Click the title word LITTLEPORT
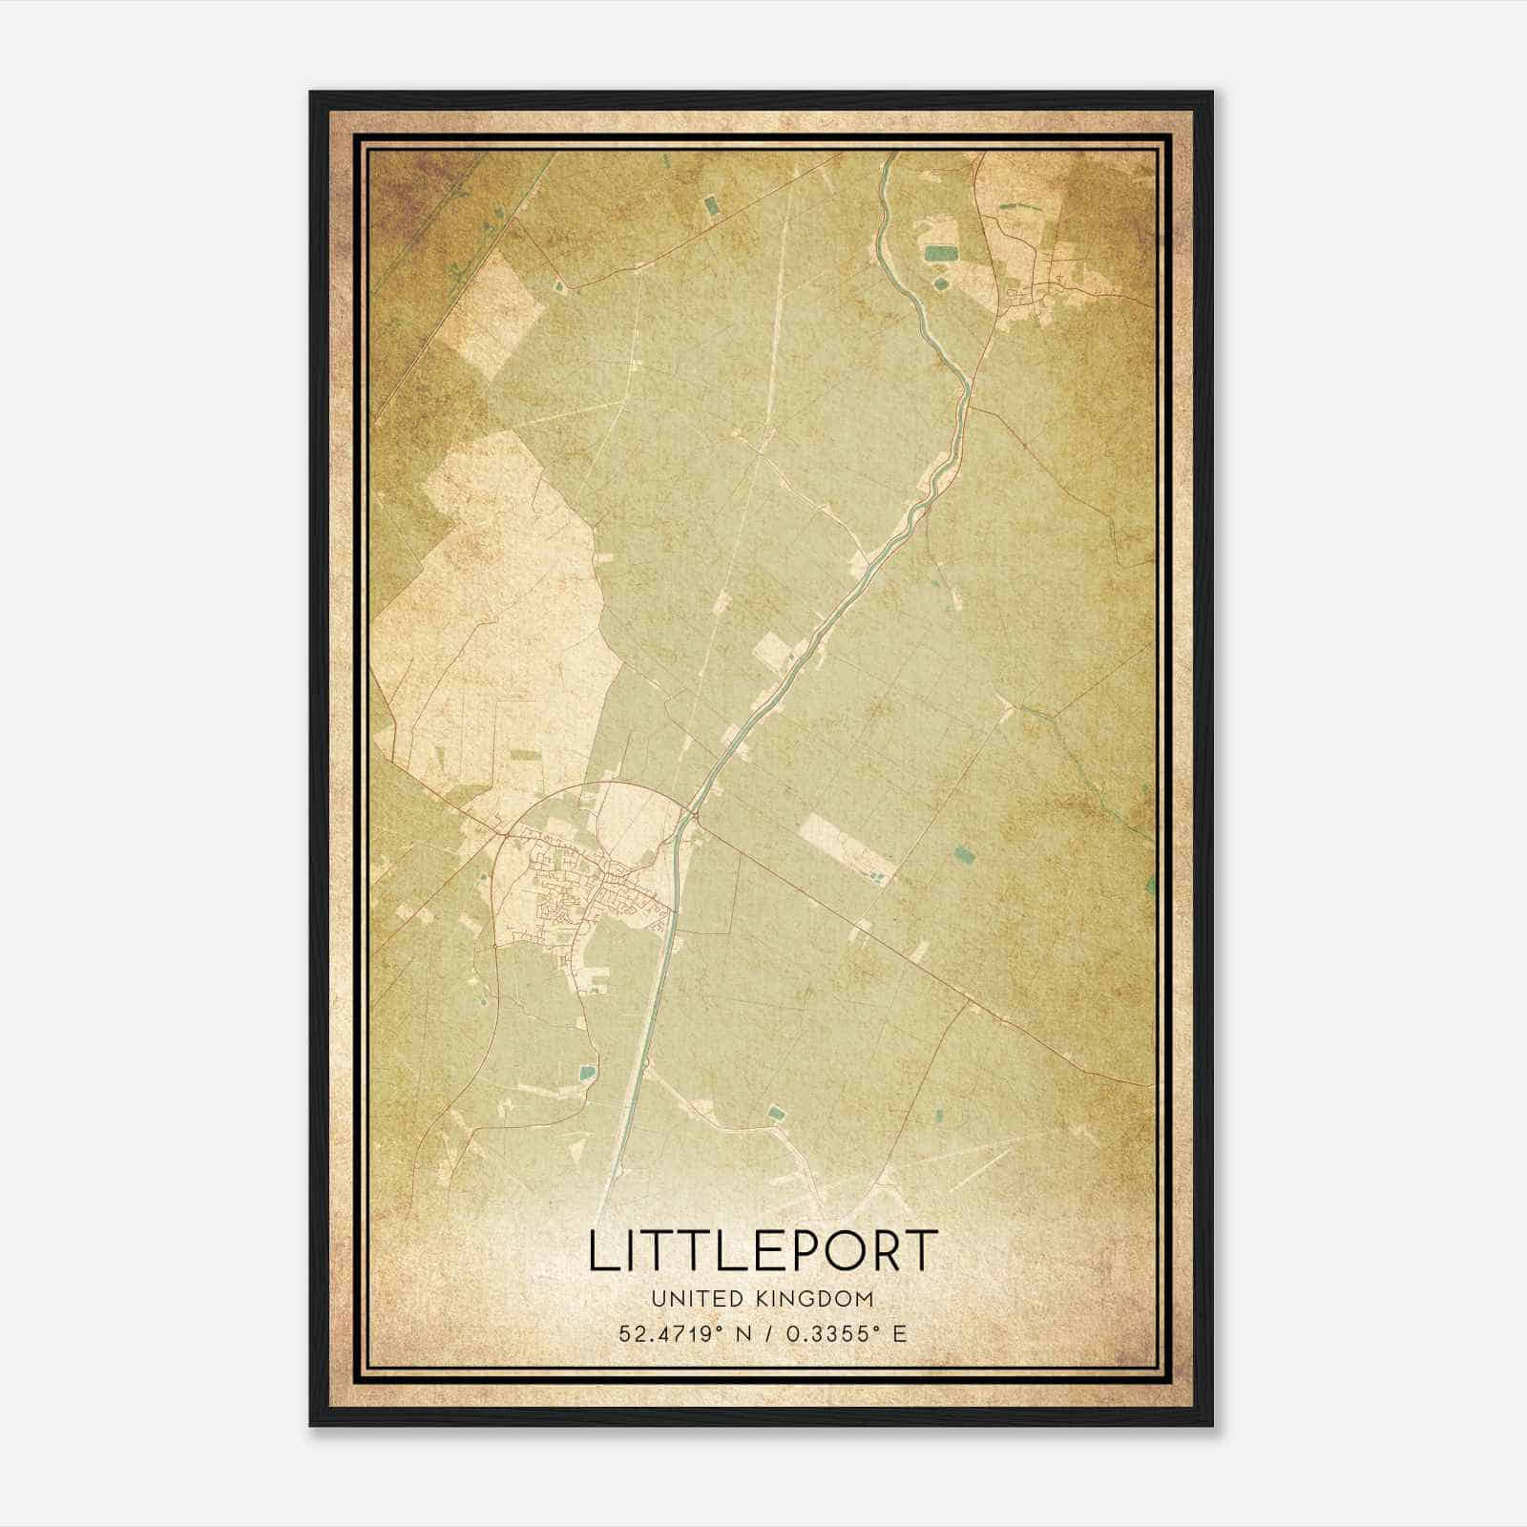point(763,1251)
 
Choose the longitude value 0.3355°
point(835,1334)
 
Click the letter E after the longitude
point(899,1334)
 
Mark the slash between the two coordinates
point(766,1334)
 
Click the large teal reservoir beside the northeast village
point(940,254)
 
